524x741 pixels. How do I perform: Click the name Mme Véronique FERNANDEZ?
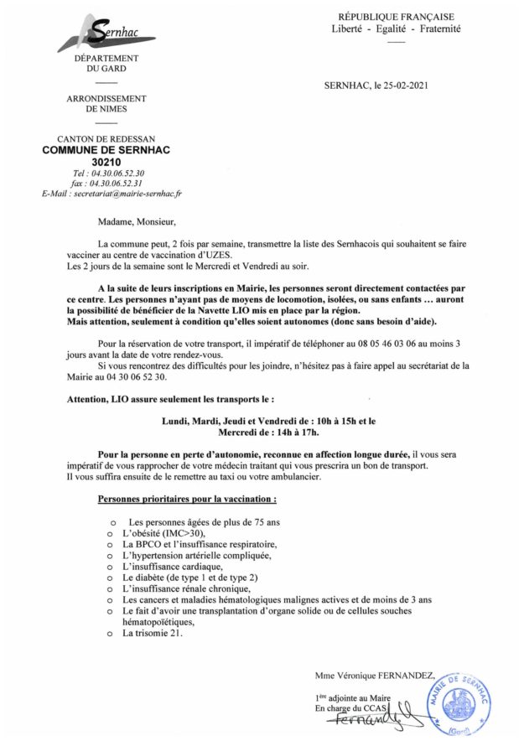pyautogui.click(x=374, y=675)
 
